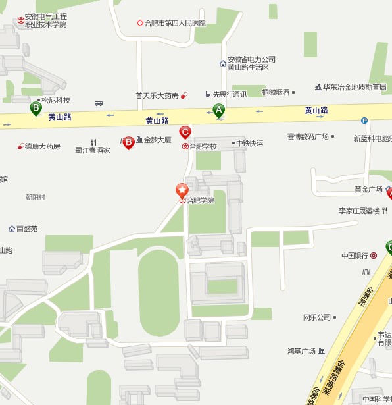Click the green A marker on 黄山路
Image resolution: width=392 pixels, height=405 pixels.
click(218, 111)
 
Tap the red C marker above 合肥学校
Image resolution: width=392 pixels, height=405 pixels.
click(185, 132)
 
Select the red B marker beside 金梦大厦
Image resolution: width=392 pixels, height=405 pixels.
click(129, 142)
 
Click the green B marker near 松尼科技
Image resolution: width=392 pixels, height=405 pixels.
click(36, 107)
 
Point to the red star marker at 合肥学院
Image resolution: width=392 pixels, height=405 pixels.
click(182, 190)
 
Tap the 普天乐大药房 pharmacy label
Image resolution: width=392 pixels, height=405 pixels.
click(157, 95)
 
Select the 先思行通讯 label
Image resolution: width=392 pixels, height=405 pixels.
click(230, 94)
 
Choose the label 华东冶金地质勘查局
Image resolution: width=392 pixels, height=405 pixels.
click(355, 87)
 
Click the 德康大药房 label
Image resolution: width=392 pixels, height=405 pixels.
click(43, 146)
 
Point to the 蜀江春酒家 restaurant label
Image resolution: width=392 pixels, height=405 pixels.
click(93, 150)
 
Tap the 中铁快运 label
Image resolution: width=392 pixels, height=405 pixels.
click(250, 143)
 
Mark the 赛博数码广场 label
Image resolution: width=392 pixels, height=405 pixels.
click(307, 137)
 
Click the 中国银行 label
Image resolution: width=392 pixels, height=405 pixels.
click(355, 256)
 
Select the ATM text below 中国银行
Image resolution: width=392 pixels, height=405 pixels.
click(366, 272)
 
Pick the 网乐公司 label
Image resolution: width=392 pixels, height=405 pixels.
click(317, 317)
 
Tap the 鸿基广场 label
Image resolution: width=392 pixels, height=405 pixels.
click(302, 351)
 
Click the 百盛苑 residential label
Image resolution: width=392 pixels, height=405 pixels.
click(27, 229)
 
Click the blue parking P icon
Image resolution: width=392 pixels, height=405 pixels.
click(364, 121)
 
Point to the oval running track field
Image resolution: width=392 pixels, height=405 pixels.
click(159, 283)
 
